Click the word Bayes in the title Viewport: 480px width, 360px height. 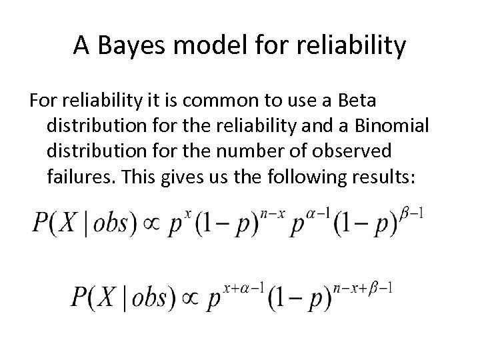point(127,46)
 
